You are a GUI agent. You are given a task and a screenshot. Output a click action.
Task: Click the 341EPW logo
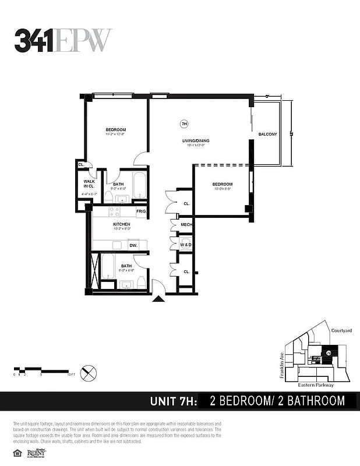[x=62, y=40]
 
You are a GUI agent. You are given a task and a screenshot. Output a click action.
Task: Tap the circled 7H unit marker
[x=185, y=123]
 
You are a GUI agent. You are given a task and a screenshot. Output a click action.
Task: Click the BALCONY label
[x=267, y=135]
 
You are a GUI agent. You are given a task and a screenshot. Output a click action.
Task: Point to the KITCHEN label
[x=121, y=224]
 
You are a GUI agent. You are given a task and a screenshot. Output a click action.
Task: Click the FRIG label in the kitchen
[x=141, y=210]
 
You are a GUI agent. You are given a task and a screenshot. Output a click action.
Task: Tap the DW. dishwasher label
[x=133, y=246]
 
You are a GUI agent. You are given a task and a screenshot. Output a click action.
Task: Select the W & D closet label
[x=186, y=245]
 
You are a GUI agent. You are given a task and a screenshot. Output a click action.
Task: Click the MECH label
[x=186, y=224]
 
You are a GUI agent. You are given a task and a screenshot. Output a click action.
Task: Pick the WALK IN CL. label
[x=89, y=185]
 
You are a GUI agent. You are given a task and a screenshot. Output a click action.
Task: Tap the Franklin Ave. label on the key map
[x=281, y=366]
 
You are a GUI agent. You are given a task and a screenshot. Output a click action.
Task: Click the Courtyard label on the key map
[x=341, y=330]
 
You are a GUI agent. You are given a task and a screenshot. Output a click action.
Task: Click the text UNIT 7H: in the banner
[x=174, y=401]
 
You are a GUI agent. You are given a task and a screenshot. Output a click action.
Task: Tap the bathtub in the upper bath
[x=140, y=186]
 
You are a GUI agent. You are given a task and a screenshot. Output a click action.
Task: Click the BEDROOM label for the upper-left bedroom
[x=115, y=129]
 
